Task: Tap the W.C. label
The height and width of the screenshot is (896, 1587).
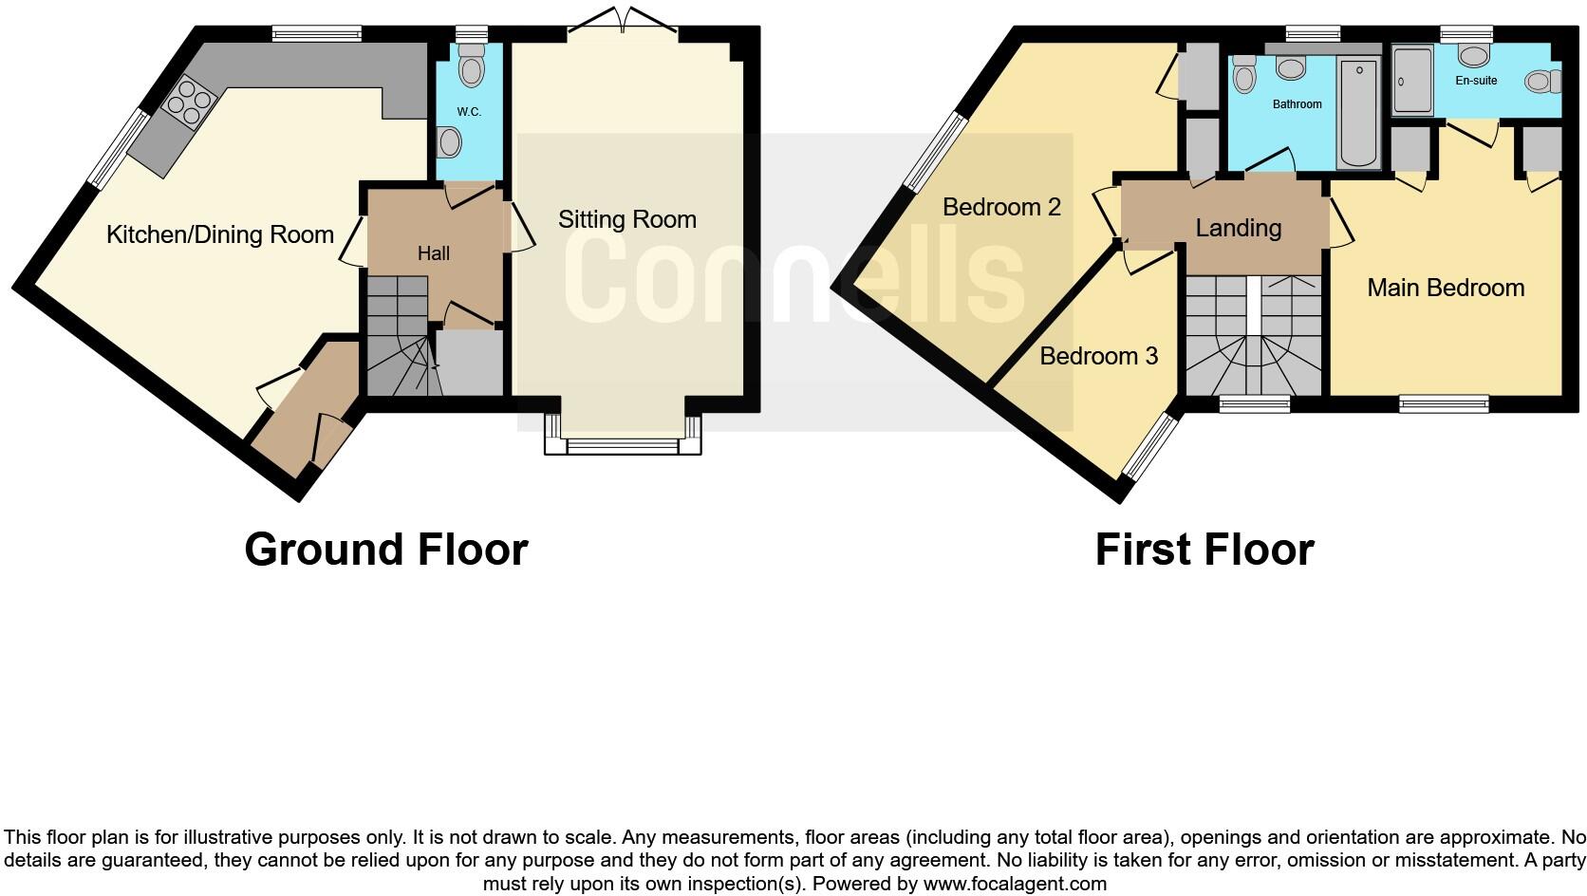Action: [x=469, y=112]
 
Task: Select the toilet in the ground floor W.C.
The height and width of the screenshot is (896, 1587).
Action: [x=470, y=67]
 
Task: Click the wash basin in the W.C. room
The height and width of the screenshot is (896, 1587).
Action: [x=450, y=143]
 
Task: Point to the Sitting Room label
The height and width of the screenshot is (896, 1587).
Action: [x=627, y=220]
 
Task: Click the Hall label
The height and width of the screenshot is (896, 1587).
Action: [x=434, y=253]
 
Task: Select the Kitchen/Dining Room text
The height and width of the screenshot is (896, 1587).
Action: [x=220, y=235]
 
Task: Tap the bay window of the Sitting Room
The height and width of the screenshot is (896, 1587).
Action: [x=623, y=444]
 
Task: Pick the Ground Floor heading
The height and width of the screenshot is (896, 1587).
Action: [x=385, y=550]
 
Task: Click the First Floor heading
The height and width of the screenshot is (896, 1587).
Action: [x=1204, y=550]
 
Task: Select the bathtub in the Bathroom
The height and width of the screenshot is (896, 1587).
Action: [x=1358, y=113]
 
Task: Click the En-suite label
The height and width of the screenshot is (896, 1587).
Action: [x=1476, y=81]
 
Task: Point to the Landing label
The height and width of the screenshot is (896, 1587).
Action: [x=1238, y=229]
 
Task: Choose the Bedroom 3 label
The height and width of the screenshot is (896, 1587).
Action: [x=1098, y=357]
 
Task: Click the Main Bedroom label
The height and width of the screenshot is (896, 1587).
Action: [x=1446, y=289]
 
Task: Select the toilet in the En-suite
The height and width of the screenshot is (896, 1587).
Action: [x=1542, y=83]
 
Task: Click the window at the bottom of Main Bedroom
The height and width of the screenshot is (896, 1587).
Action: [x=1444, y=404]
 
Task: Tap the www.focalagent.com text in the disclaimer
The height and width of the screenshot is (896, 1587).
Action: [x=1015, y=885]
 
